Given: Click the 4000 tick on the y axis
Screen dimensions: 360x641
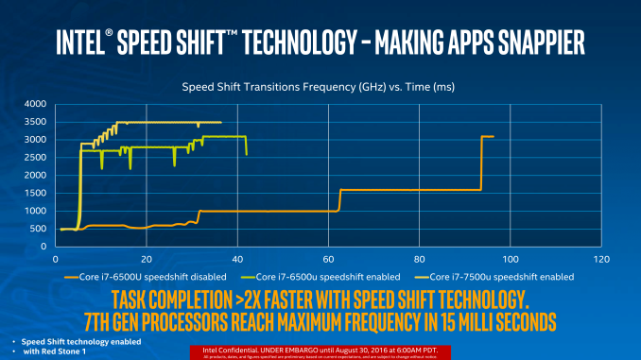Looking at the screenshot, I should pos(34,103).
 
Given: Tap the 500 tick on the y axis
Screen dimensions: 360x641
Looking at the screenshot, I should pos(36,229).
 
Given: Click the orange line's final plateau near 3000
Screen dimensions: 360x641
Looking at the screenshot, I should pos(488,137).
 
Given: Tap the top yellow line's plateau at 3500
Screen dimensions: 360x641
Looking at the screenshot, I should pos(170,122).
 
